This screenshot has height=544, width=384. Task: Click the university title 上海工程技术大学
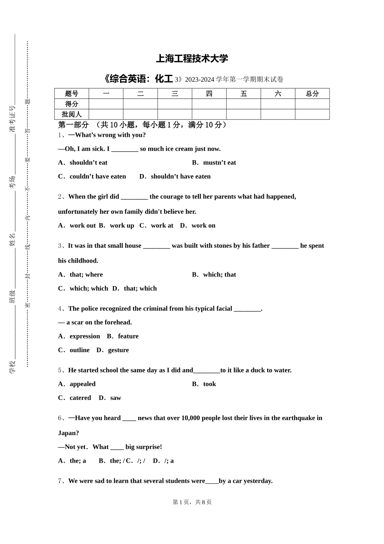pos(192,59)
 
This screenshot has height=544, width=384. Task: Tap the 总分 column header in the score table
pos(312,93)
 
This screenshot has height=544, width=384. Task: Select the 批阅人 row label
pos(72,115)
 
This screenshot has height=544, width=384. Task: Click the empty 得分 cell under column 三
pos(175,104)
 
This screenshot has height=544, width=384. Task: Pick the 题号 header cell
pos(72,93)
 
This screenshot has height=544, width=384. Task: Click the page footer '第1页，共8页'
pos(192,502)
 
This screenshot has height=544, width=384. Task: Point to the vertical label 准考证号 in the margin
pos(13,119)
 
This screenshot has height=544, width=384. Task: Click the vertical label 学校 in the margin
pos(13,367)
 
